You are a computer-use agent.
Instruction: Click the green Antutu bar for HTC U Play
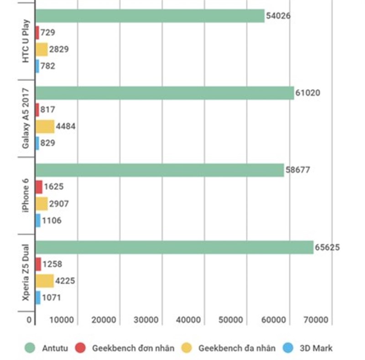pos(150,16)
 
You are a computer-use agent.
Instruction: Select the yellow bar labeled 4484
pos(45,126)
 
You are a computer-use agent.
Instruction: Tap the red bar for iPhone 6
pos(39,187)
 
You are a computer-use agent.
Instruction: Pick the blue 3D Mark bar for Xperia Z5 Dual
pos(38,298)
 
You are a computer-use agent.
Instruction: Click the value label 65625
pos(327,248)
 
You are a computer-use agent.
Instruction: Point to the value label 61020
pos(308,93)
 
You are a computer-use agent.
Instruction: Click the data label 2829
pos(59,49)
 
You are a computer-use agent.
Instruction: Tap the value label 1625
pos(54,187)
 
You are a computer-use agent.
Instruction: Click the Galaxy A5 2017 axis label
pos(26,118)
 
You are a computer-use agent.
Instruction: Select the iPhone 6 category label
pos(26,195)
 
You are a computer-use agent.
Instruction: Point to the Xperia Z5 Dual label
pos(26,273)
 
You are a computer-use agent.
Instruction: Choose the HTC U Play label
pos(26,42)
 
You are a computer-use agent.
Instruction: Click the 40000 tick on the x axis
pos(188,320)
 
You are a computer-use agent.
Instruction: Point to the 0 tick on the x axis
pos(30,320)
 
